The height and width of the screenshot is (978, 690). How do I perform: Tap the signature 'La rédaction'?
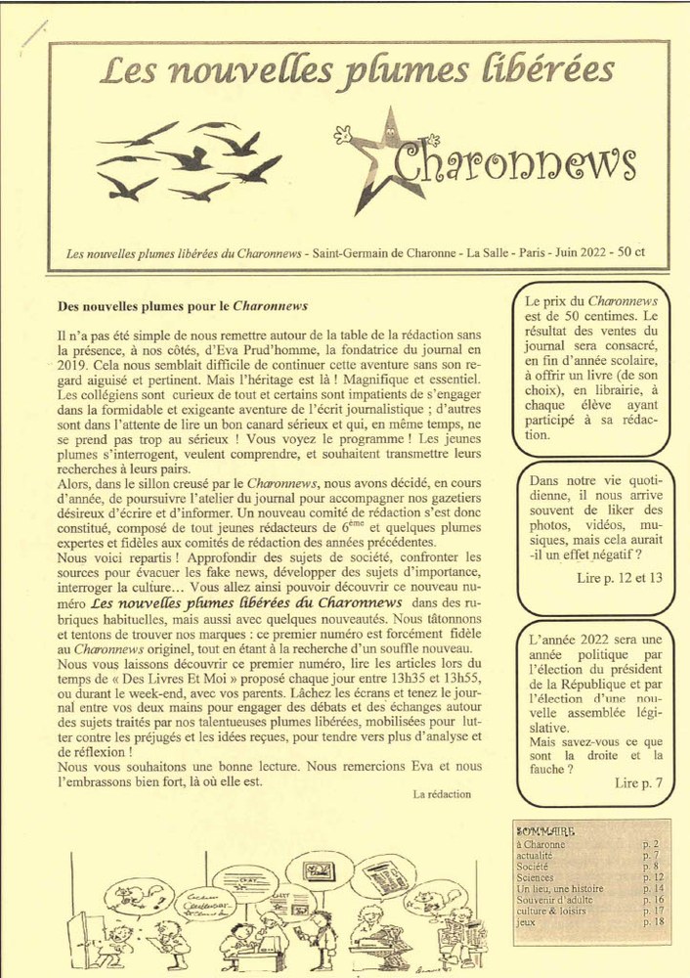(x=442, y=794)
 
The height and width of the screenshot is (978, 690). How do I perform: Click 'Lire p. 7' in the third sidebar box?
(x=638, y=783)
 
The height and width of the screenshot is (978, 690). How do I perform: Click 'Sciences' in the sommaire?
(x=535, y=877)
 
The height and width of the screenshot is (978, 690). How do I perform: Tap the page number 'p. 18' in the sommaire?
(x=653, y=922)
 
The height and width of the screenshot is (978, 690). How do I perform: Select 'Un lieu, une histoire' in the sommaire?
(x=559, y=889)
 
